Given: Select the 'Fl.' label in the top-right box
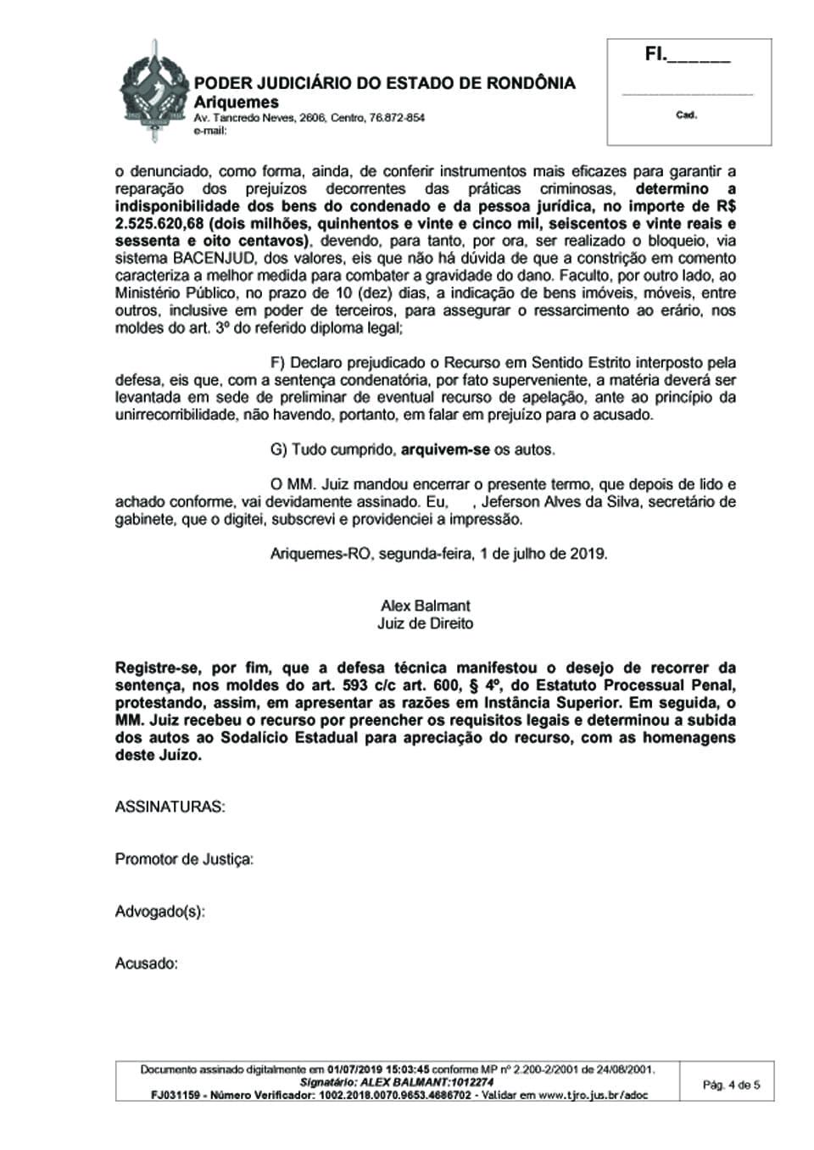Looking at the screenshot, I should coord(655,55).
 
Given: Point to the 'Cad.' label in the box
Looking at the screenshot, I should coord(686,115).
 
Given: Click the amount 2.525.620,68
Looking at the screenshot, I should coord(159,224).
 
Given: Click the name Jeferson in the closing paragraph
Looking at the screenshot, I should coord(511,502).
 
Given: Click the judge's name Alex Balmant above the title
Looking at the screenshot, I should coord(426,606).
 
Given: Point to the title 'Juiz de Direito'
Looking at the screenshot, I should coord(426,623).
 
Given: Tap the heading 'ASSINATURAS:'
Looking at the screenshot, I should coord(170,807).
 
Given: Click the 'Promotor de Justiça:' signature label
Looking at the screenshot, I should coord(184,859).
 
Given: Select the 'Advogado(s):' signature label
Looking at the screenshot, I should coord(160,912).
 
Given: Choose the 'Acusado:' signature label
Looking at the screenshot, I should coord(147,963).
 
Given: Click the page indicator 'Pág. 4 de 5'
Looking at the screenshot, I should coord(732,1084).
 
